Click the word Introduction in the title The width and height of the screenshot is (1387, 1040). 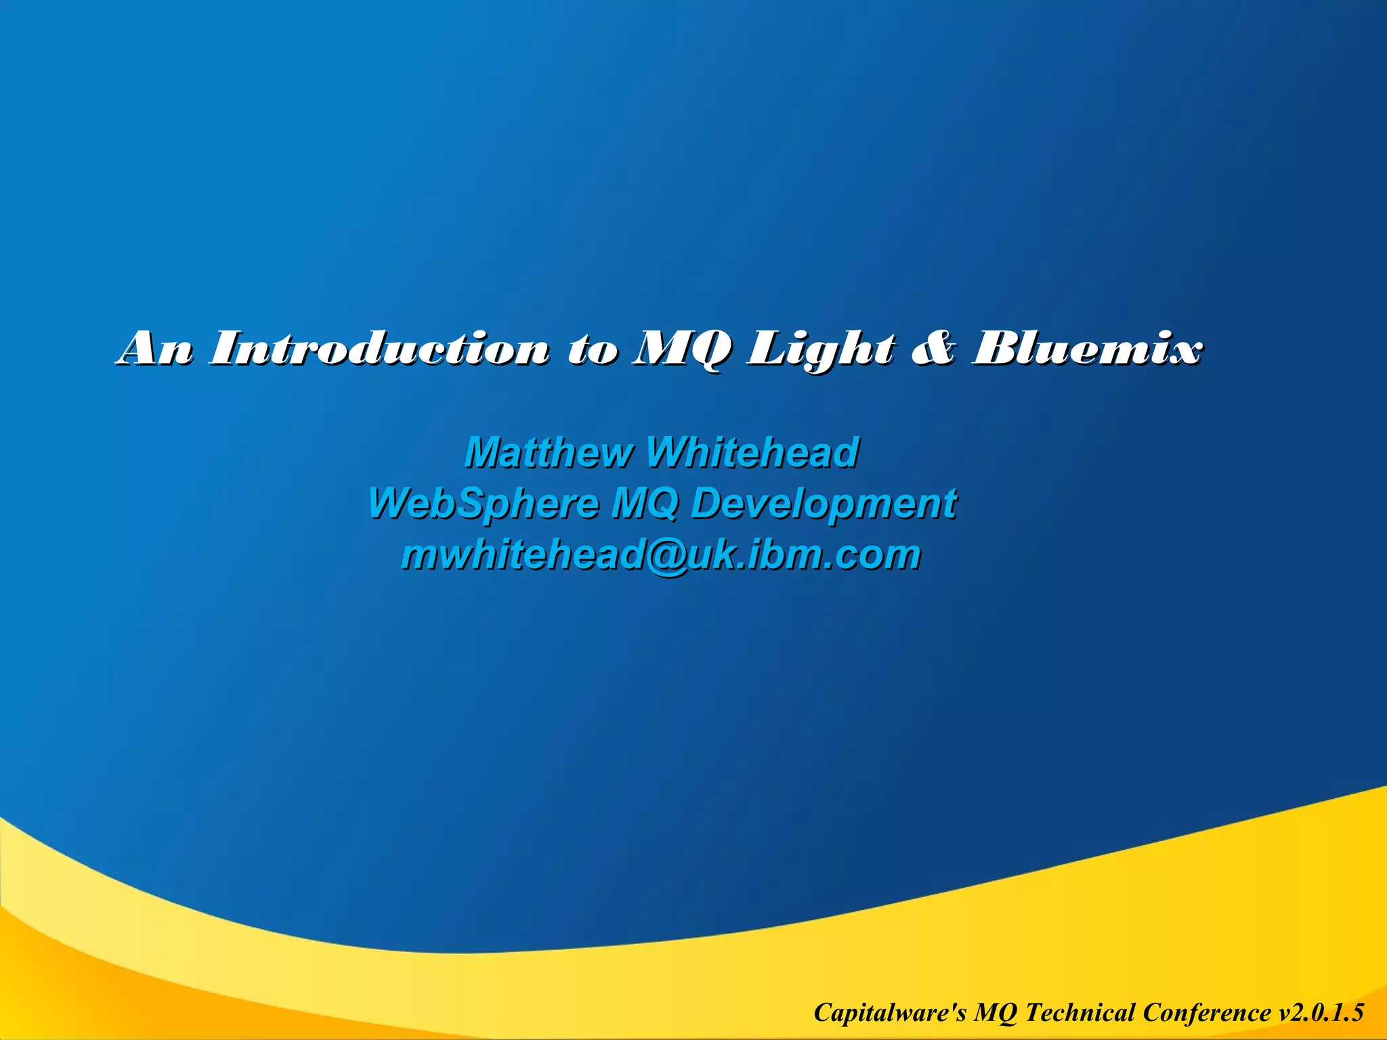tap(379, 349)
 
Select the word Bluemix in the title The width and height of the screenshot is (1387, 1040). tap(1087, 349)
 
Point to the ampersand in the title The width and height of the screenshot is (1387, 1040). tap(933, 349)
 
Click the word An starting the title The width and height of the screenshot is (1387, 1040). tap(155, 349)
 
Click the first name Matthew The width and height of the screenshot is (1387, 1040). tap(549, 452)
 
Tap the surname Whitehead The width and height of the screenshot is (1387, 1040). tap(752, 452)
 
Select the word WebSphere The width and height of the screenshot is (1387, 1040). tap(484, 504)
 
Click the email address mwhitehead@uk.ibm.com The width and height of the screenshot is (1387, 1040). tap(661, 555)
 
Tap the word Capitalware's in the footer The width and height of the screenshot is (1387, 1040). tap(891, 1012)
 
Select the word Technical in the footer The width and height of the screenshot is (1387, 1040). tap(1080, 1012)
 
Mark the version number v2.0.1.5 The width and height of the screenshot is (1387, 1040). tap(1321, 1012)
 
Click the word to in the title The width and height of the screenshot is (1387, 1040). tap(593, 350)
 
